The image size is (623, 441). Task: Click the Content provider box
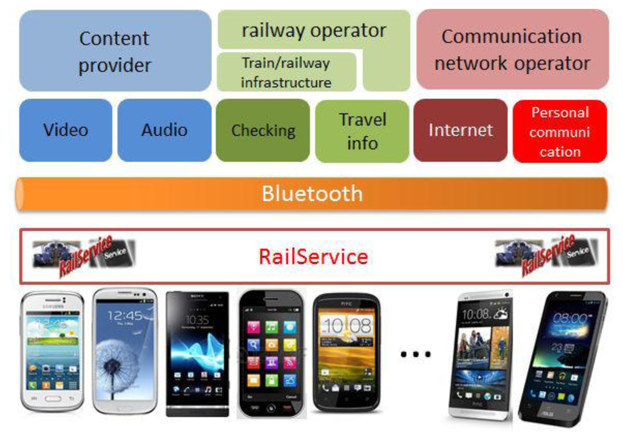pyautogui.click(x=115, y=51)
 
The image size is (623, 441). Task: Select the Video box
pyautogui.click(x=65, y=130)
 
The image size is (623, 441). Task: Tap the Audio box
pyautogui.click(x=164, y=130)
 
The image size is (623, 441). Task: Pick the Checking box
pyautogui.click(x=263, y=130)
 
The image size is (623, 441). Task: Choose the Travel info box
pyautogui.click(x=362, y=131)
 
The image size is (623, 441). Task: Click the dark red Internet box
pyautogui.click(x=460, y=130)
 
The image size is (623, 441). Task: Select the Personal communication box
pyautogui.click(x=559, y=131)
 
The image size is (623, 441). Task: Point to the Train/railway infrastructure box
pyautogui.click(x=286, y=72)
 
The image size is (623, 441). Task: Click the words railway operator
pyautogui.click(x=314, y=30)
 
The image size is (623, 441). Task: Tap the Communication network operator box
pyautogui.click(x=512, y=50)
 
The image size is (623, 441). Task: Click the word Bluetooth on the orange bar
pyautogui.click(x=312, y=194)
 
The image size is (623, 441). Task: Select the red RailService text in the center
pyautogui.click(x=314, y=256)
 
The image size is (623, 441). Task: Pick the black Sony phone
pyautogui.click(x=197, y=353)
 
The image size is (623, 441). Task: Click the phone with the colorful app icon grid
pyautogui.click(x=271, y=353)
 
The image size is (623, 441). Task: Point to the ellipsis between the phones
pyautogui.click(x=416, y=354)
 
